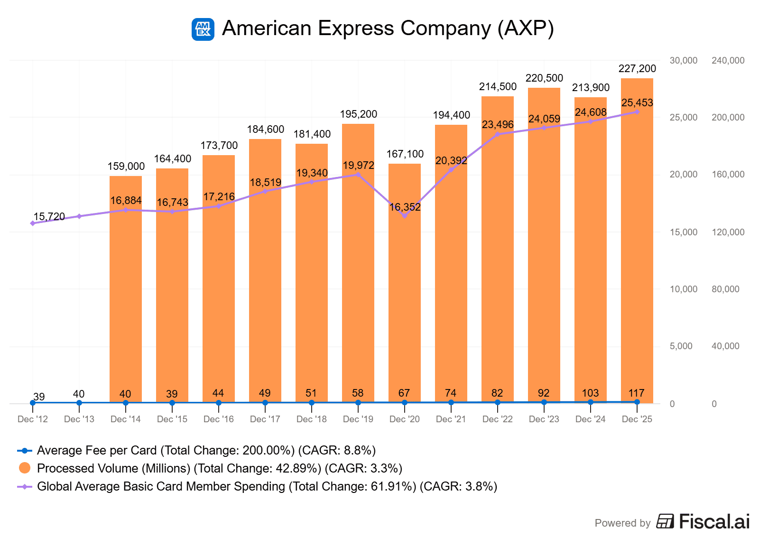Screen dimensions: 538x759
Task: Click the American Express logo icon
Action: point(203,29)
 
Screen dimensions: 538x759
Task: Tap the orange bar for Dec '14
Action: point(126,289)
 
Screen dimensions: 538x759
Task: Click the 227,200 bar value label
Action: point(637,69)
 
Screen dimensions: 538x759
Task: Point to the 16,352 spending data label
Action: point(405,207)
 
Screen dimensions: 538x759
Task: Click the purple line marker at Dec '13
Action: point(79,216)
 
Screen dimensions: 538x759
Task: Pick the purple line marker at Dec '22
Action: point(498,134)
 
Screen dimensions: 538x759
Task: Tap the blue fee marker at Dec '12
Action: point(33,403)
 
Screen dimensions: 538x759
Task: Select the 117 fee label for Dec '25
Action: point(636,393)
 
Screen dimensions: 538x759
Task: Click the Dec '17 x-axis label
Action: point(265,419)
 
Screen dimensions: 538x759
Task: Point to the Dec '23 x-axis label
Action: point(544,419)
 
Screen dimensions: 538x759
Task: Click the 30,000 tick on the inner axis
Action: point(683,61)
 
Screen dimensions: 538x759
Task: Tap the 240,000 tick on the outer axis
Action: point(728,61)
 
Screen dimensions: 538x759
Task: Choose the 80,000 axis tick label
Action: point(725,289)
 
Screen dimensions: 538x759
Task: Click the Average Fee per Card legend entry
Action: point(206,450)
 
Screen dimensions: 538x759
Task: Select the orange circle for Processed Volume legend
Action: point(25,468)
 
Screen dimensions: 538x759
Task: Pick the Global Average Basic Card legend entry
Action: point(267,486)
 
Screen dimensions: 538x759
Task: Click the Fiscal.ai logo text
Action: point(714,521)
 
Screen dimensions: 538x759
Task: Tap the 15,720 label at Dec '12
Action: point(49,217)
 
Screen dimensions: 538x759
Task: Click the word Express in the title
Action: point(356,28)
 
